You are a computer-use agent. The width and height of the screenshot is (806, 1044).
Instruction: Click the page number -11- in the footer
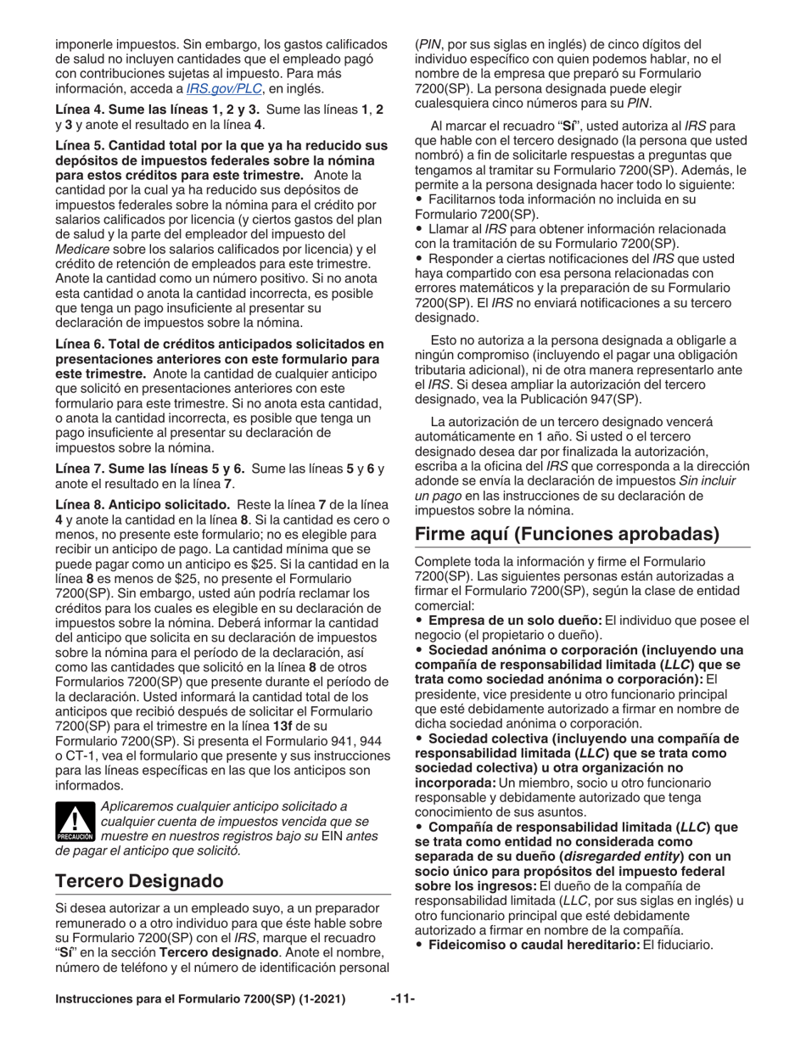402,1000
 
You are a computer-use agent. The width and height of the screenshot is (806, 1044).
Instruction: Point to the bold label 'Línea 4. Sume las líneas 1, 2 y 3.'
158,110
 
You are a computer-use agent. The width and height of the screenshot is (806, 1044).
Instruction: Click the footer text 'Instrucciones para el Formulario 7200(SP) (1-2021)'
200,1000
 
